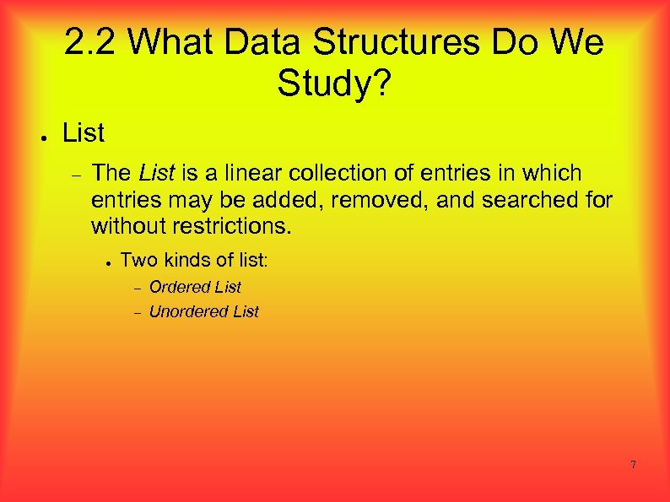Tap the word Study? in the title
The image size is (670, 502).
333,83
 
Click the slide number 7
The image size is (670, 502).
633,465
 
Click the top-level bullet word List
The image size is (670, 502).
84,132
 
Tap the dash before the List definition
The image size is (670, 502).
75,175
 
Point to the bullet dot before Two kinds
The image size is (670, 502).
110,262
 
